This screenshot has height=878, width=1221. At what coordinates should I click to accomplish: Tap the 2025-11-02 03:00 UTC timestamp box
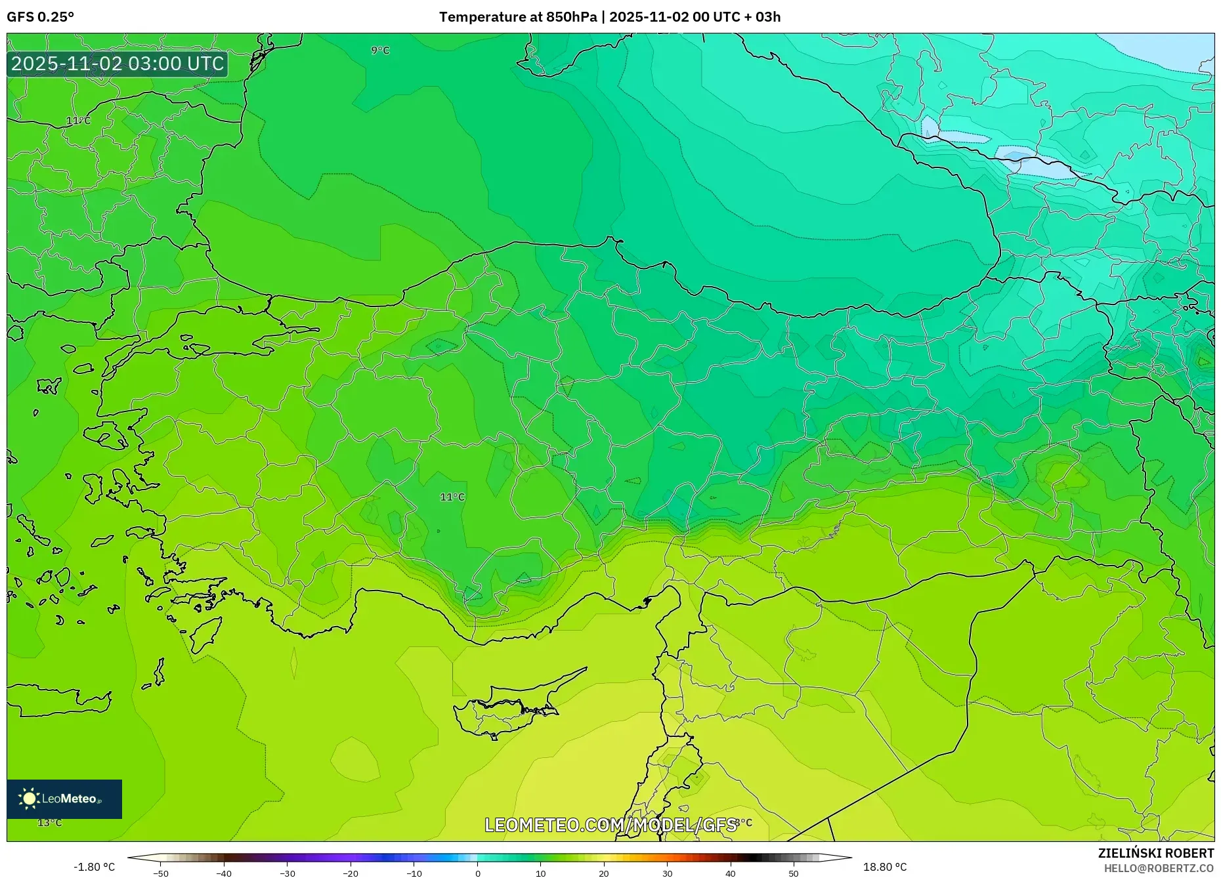coord(118,64)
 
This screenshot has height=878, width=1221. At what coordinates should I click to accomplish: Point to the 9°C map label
coord(380,51)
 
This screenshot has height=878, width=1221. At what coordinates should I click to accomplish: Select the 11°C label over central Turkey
coord(452,497)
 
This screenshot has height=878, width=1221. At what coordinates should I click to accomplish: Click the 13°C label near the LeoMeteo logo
coord(50,823)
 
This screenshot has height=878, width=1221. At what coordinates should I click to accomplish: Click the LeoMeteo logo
coord(64,799)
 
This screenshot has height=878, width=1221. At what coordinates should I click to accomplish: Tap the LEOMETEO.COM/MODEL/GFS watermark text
coord(610,825)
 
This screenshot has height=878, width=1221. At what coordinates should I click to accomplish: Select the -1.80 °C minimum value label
coord(94,868)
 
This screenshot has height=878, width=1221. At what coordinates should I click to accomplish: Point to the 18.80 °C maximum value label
coord(885,868)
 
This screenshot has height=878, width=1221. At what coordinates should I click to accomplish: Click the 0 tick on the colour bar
coord(478,873)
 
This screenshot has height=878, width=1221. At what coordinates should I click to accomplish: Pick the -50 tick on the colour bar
coord(161,873)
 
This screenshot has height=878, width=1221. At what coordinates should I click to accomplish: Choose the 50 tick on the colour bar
coord(794,873)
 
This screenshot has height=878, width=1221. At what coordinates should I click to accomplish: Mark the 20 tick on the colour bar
coord(604,873)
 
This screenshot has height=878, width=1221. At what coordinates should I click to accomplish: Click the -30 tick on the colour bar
coord(287,873)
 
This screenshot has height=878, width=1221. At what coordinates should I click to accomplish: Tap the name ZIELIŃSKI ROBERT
coord(1155,853)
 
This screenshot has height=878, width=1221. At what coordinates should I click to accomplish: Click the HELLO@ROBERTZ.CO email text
coord(1159,868)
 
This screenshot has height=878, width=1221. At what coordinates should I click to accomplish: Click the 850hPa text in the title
coord(572,17)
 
